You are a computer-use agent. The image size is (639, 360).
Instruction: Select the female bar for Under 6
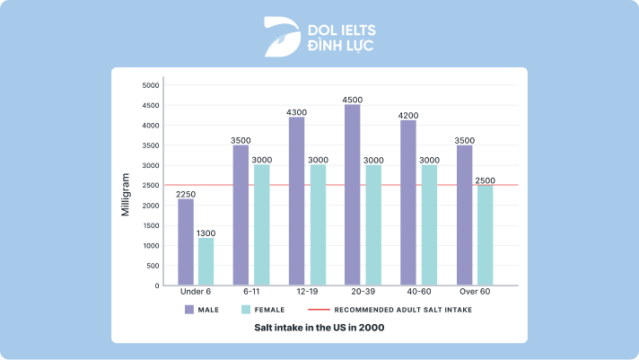click(206, 261)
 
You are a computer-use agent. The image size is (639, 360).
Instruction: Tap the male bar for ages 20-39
click(353, 195)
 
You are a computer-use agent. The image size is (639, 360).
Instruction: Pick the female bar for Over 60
click(486, 235)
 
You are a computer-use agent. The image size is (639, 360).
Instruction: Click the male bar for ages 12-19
click(296, 201)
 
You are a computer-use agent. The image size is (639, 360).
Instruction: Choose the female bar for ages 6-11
click(261, 224)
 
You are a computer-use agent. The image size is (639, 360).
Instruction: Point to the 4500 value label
click(353, 100)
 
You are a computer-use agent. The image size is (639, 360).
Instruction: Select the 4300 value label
click(296, 112)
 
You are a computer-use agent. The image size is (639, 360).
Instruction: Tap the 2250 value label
click(186, 194)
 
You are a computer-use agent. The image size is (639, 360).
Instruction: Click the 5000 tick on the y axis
click(150, 85)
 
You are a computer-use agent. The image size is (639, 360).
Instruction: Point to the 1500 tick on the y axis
click(150, 225)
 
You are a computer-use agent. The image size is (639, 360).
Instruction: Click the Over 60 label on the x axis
click(475, 292)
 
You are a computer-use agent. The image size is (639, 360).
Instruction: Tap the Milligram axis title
click(127, 195)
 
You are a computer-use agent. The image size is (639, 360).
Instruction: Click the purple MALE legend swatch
click(189, 309)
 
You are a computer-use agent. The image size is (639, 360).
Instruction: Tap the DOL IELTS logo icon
click(282, 36)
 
